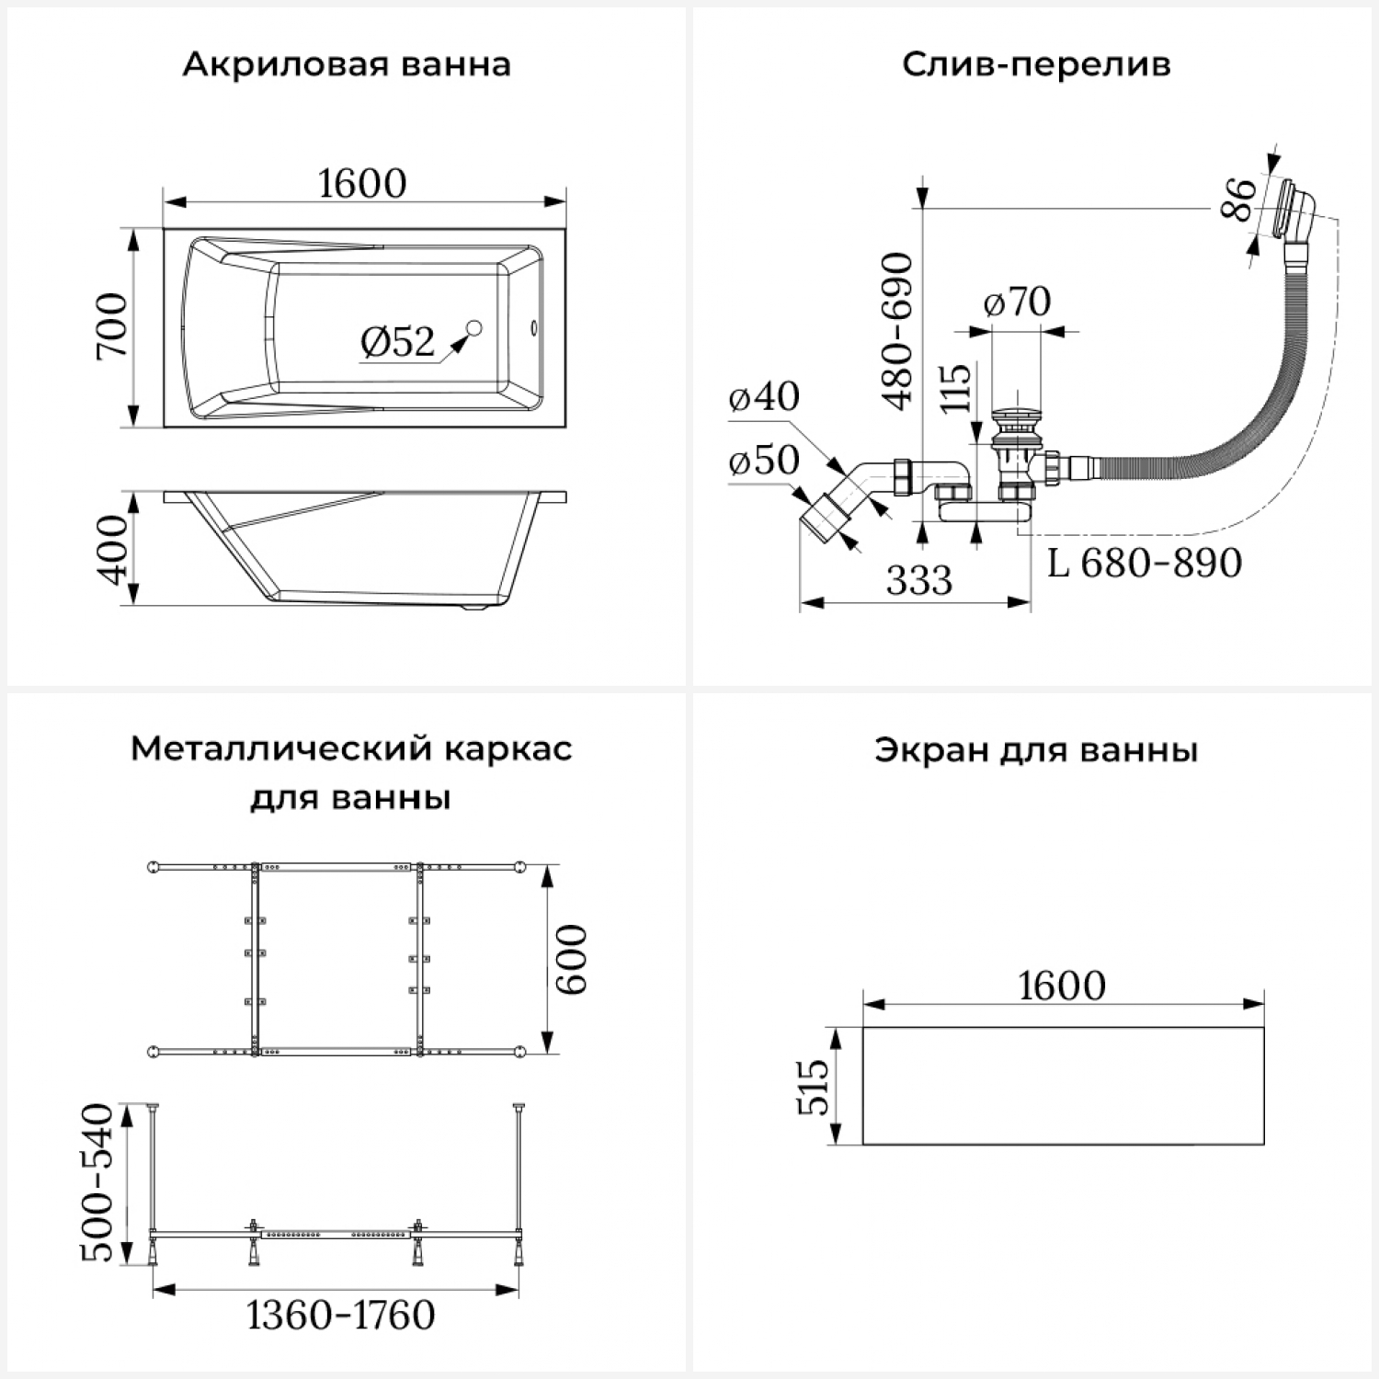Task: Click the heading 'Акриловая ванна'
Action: pyautogui.click(x=347, y=65)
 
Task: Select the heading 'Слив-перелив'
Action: pyautogui.click(x=1036, y=65)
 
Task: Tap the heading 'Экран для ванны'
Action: pyautogui.click(x=1036, y=750)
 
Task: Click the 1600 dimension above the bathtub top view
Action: pyautogui.click(x=362, y=183)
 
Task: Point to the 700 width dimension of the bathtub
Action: pyautogui.click(x=112, y=326)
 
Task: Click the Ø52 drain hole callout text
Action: pyautogui.click(x=397, y=342)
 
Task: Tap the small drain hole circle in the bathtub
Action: pyautogui.click(x=474, y=327)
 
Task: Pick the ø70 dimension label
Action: pyautogui.click(x=1017, y=302)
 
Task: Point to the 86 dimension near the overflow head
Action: pyautogui.click(x=1238, y=200)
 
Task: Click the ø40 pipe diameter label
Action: pyautogui.click(x=764, y=396)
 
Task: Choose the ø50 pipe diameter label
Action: pyautogui.click(x=764, y=460)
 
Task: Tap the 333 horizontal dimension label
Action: pyautogui.click(x=919, y=580)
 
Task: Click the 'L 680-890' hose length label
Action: pyautogui.click(x=1145, y=563)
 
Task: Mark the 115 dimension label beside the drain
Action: pyautogui.click(x=956, y=388)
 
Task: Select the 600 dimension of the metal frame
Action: pyautogui.click(x=571, y=960)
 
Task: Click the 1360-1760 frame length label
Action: pyautogui.click(x=341, y=1315)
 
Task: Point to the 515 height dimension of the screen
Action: pyautogui.click(x=813, y=1087)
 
